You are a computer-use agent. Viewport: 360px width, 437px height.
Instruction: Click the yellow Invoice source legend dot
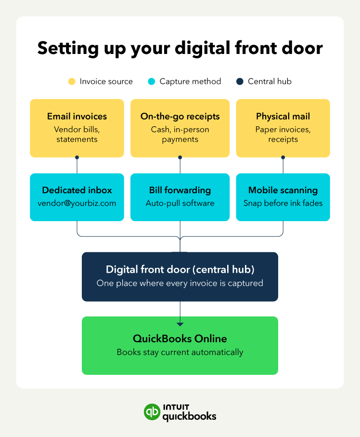click(72, 81)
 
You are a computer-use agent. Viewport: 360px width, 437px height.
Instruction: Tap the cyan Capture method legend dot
click(152, 81)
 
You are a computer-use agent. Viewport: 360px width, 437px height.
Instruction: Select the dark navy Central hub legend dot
click(240, 81)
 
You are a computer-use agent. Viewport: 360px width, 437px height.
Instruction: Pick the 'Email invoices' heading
click(77, 116)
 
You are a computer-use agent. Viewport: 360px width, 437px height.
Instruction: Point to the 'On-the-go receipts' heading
click(180, 116)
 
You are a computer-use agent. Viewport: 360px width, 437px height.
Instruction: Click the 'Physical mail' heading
click(283, 116)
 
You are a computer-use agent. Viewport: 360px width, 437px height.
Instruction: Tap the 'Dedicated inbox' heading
click(77, 190)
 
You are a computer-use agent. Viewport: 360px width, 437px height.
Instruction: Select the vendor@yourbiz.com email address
click(77, 203)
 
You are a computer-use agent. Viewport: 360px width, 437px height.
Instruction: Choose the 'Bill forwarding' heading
click(180, 190)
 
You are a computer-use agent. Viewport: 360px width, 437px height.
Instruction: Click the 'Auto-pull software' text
click(180, 203)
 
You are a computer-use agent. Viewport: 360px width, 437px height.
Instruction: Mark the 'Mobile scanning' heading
click(283, 190)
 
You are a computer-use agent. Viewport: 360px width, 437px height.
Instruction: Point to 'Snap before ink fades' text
click(283, 203)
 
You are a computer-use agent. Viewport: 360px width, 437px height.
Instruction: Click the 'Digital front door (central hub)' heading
click(180, 269)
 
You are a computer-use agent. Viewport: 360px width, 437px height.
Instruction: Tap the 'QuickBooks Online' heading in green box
click(180, 339)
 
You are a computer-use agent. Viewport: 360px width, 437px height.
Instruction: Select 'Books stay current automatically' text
click(180, 352)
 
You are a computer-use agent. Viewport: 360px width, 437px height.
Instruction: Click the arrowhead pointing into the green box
click(180, 324)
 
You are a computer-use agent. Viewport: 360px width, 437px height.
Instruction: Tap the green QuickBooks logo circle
click(152, 411)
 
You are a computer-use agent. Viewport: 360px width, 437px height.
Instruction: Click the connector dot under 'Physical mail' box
click(283, 158)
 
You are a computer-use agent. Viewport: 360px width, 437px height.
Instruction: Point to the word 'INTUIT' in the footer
click(176, 407)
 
